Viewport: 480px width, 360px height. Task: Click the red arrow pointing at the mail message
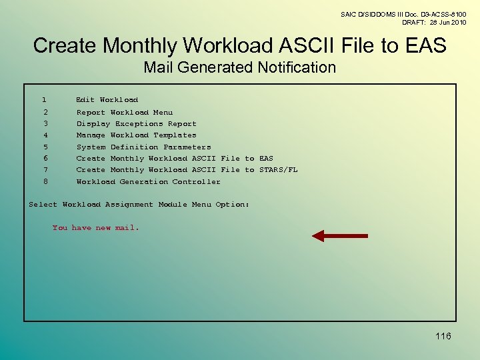[340, 235]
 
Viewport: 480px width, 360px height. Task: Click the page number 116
[443, 336]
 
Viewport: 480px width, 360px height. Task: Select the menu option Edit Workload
[107, 100]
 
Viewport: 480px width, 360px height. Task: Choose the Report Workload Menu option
[124, 113]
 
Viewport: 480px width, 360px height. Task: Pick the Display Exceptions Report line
[136, 124]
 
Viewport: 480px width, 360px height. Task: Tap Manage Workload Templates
[136, 135]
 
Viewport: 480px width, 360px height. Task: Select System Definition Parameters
[143, 147]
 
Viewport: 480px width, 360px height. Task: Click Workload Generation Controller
[148, 182]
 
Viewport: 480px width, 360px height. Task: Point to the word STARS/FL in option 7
[278, 170]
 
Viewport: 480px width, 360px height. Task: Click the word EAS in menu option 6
[266, 159]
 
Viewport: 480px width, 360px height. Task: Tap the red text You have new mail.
[96, 228]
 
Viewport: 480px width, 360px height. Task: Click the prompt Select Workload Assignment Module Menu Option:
[139, 205]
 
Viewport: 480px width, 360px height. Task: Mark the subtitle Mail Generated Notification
[240, 67]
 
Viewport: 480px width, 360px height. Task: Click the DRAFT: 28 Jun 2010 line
[433, 22]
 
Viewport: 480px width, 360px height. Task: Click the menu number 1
[44, 100]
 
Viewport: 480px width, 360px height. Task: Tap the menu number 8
[45, 182]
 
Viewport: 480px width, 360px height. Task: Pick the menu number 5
[45, 147]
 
